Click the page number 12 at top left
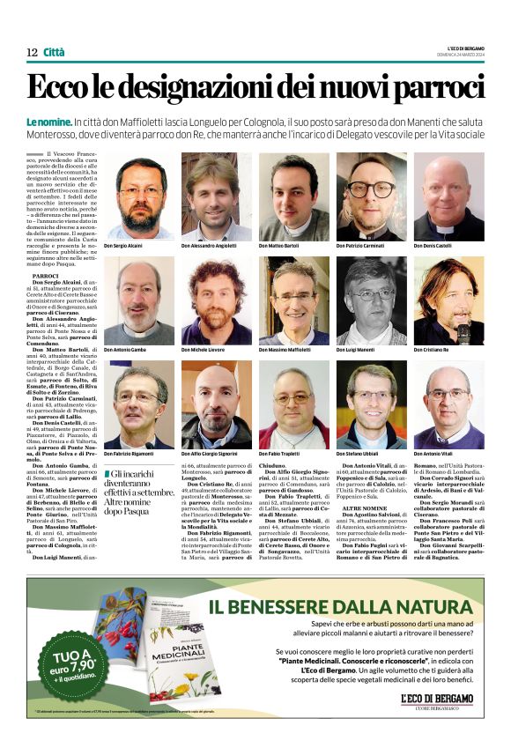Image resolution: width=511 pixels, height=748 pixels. [x=32, y=53]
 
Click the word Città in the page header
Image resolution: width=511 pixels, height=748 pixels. [x=54, y=53]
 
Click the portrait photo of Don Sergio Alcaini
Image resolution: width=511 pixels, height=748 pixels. [x=139, y=196]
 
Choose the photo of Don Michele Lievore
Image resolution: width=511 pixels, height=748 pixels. [x=217, y=300]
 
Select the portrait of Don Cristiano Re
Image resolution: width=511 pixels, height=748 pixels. [x=448, y=300]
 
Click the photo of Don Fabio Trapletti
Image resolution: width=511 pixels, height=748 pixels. [x=293, y=404]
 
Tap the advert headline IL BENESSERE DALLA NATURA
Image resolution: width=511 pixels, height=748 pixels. [x=346, y=606]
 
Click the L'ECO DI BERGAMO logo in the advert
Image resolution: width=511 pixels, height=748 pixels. [x=437, y=700]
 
